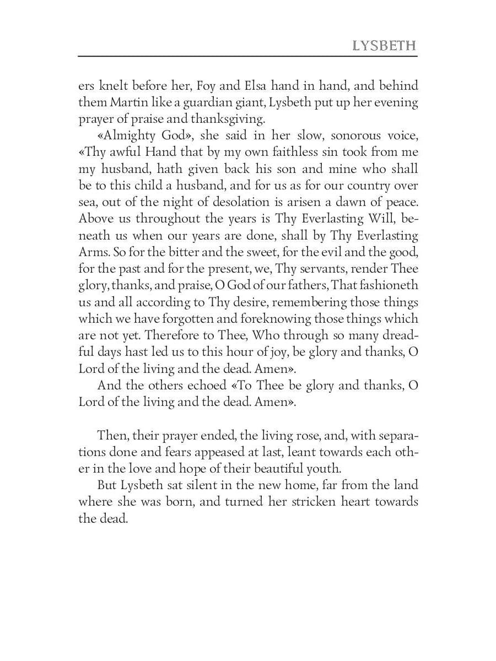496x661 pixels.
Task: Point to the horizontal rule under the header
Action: pyautogui.click(x=247, y=56)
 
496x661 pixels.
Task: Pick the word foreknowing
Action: pyautogui.click(x=280, y=319)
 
